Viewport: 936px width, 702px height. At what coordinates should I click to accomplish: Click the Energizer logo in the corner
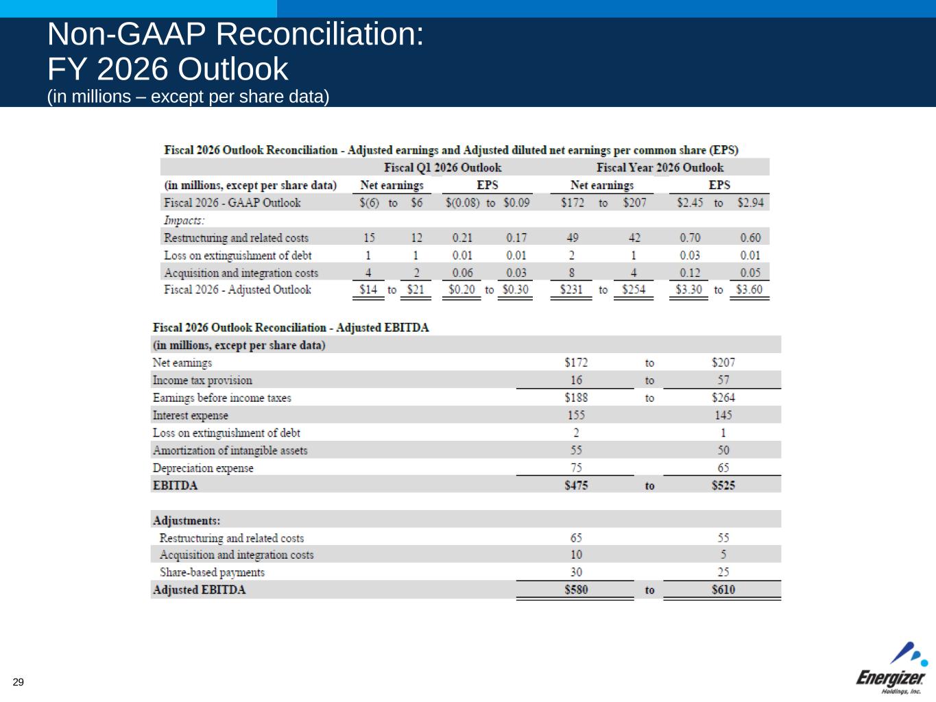click(x=891, y=668)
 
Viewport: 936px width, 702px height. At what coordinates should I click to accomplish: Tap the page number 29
click(x=19, y=681)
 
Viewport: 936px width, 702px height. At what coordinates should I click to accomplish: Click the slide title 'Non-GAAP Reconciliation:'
click(x=235, y=35)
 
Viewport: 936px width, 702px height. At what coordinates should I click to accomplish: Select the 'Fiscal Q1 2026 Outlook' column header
click(x=442, y=167)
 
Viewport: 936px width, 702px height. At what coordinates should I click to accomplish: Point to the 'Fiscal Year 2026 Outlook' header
click(x=660, y=167)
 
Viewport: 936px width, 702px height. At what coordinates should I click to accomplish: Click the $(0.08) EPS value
click(x=463, y=203)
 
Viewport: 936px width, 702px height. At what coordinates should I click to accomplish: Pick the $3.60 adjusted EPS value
click(x=749, y=289)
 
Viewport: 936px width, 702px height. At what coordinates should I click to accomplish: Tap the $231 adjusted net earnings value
click(x=571, y=289)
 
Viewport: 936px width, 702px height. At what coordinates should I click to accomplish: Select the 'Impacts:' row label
click(x=184, y=220)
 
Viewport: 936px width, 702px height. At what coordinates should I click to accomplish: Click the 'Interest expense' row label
click(x=190, y=415)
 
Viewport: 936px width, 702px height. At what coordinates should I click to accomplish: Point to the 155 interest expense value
click(x=576, y=415)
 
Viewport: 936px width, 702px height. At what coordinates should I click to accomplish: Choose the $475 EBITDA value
click(x=576, y=485)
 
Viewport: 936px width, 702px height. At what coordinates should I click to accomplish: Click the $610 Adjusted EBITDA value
click(x=723, y=590)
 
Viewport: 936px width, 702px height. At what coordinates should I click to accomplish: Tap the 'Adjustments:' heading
click(x=187, y=520)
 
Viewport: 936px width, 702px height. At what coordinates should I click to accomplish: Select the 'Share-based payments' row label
click(x=212, y=572)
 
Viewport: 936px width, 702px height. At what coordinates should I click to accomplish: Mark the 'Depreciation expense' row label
click(x=203, y=468)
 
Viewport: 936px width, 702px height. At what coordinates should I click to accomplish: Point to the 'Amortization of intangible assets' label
click(x=230, y=450)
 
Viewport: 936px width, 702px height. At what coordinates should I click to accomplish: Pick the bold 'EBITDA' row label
click(x=175, y=485)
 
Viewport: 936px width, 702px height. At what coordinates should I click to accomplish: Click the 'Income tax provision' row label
click(x=202, y=380)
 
